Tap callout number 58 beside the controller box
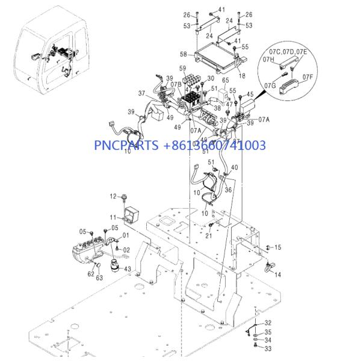tap(182, 54)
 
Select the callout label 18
tap(242, 76)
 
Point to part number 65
tap(226, 79)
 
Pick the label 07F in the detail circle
tap(307, 76)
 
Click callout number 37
tap(142, 93)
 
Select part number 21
tap(208, 235)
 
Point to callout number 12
tap(112, 197)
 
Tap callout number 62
tap(90, 274)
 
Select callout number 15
tap(277, 247)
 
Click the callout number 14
tap(277, 274)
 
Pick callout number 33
tap(268, 348)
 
